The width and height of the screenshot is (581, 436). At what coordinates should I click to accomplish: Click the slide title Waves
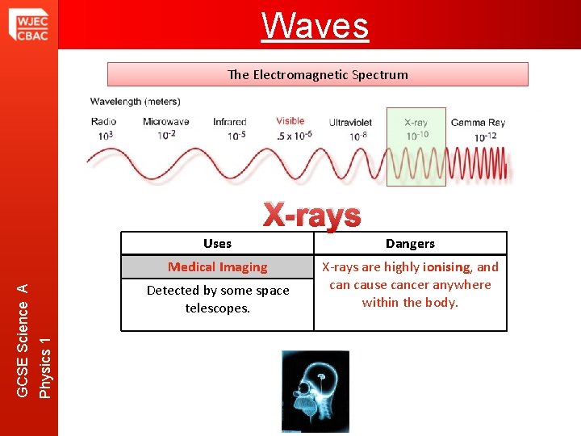(316, 25)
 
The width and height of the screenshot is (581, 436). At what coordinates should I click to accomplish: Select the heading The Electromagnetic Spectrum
(317, 74)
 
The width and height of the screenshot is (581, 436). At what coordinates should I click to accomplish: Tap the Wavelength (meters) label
(135, 102)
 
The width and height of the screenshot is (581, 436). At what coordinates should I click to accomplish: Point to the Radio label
(104, 122)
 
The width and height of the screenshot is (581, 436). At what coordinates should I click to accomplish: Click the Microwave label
(165, 122)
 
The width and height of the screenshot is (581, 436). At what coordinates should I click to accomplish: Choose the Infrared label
(230, 122)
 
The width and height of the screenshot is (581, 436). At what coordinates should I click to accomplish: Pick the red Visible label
(290, 121)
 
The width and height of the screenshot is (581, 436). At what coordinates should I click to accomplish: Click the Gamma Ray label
(478, 123)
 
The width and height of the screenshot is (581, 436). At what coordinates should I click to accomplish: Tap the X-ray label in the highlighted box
(416, 123)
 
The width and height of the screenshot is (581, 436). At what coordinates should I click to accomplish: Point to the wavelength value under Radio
(105, 135)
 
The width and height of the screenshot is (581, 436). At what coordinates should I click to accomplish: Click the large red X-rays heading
(312, 215)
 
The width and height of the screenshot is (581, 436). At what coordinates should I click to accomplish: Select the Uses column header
(217, 243)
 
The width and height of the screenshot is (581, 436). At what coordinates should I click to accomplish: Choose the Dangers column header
(410, 243)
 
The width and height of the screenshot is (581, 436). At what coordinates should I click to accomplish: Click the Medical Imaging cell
(217, 267)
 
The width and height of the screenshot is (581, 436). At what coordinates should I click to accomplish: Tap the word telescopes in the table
(217, 308)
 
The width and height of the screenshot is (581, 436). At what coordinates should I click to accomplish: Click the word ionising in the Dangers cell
(446, 267)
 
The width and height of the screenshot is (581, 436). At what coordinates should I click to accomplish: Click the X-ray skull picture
(316, 390)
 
